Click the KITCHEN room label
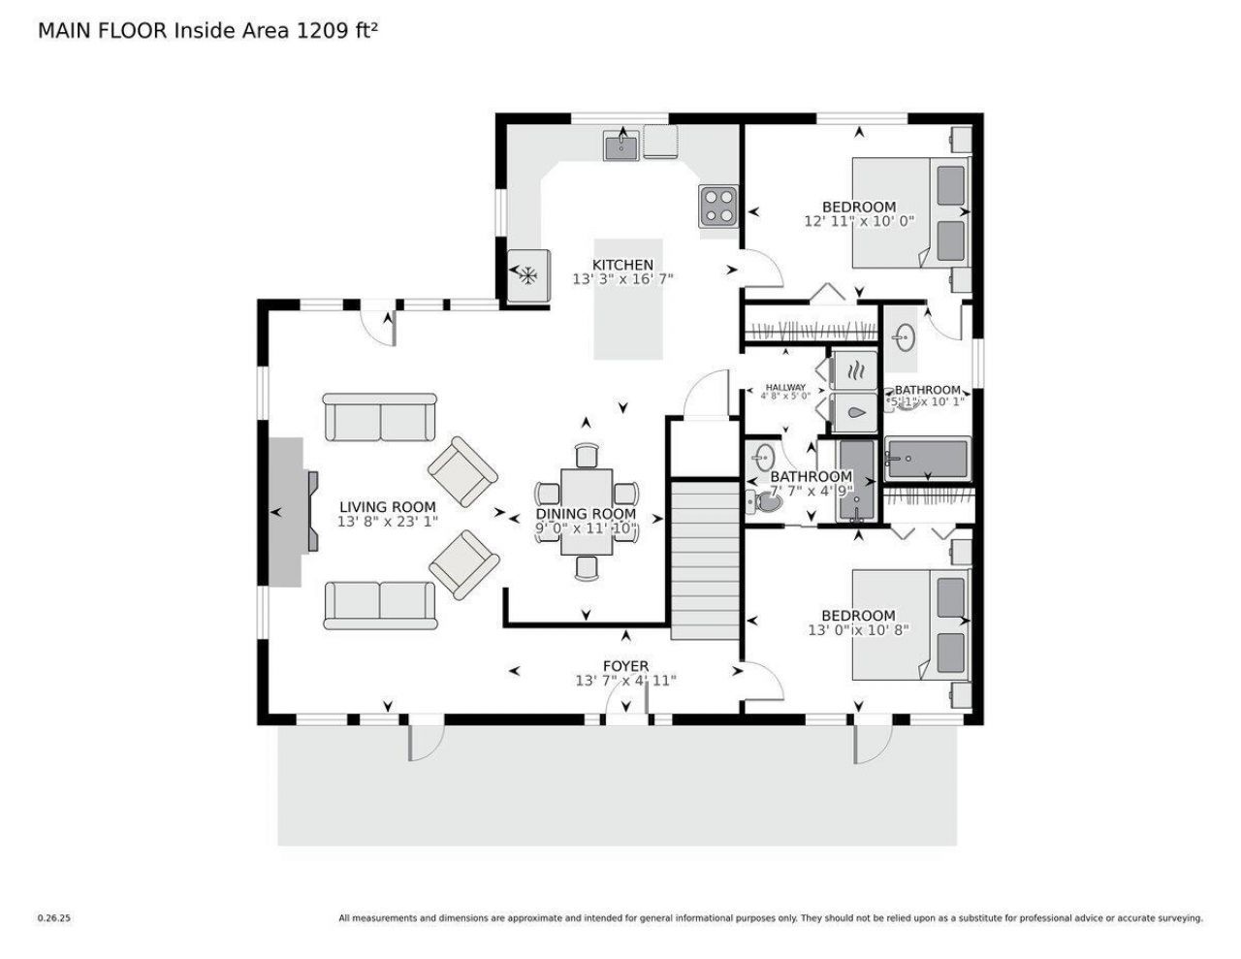coord(622,265)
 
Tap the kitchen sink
coord(620,146)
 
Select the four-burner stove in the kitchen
coord(718,206)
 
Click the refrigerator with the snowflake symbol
coord(528,275)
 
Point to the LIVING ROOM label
coord(387,506)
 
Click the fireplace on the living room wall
coord(289,511)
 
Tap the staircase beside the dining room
coord(706,559)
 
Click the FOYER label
coord(625,666)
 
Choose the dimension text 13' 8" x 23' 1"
coord(387,522)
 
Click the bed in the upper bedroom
coord(909,212)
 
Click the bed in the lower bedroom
coord(909,624)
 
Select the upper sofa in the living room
coord(379,417)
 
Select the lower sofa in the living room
coord(379,605)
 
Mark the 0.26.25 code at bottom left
coord(54,917)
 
